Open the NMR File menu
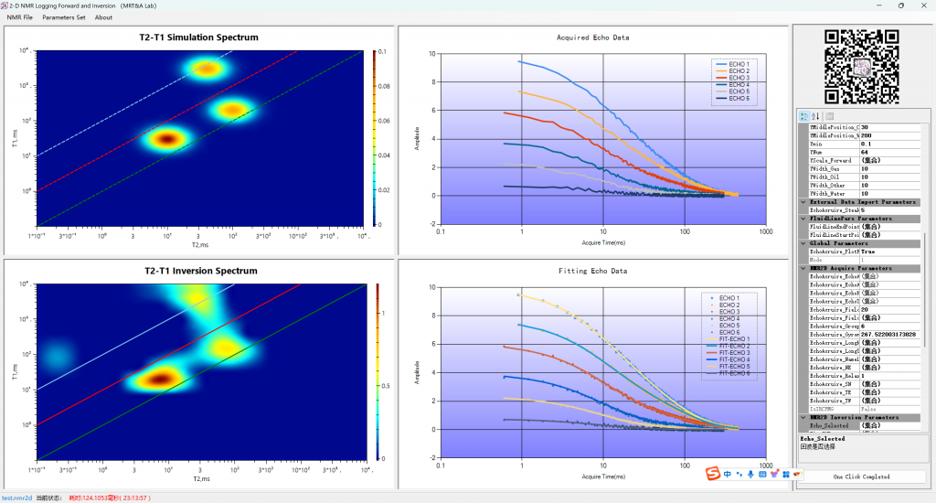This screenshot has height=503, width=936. (19, 17)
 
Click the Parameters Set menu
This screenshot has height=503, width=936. (63, 17)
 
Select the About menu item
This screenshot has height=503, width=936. (103, 17)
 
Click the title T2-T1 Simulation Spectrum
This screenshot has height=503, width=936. (200, 37)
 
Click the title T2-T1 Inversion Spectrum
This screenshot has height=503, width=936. (201, 271)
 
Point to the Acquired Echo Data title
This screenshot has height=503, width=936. (592, 37)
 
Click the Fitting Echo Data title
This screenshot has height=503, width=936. (592, 272)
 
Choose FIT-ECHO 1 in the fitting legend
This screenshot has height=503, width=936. (734, 338)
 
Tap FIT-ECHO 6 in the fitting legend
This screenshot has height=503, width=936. (734, 373)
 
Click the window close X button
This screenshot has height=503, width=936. (922, 5)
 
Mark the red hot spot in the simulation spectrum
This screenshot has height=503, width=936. (166, 139)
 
